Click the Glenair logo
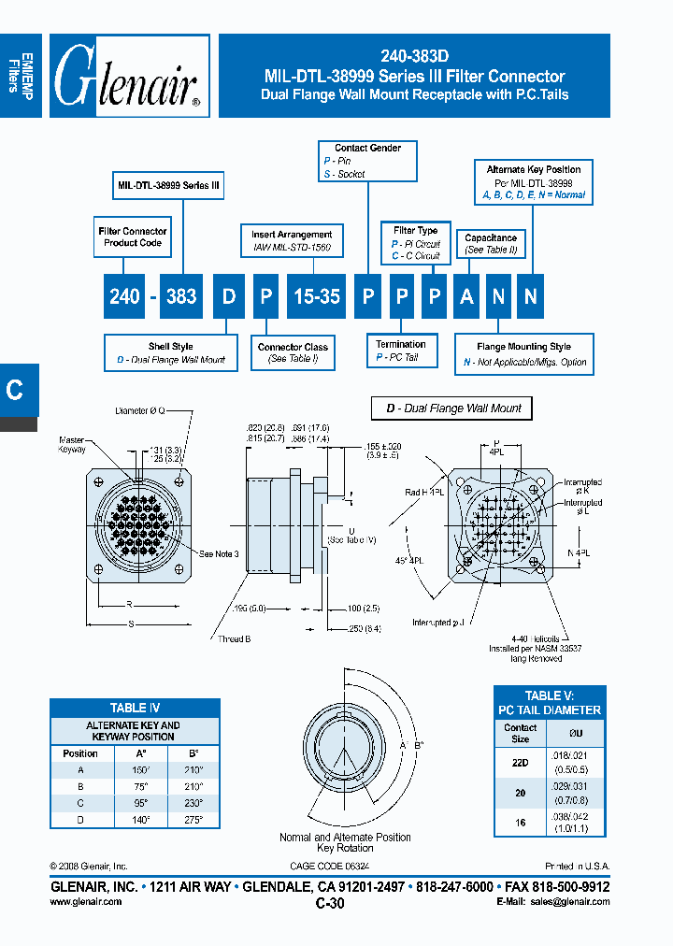tap(128, 77)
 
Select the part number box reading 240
tap(124, 296)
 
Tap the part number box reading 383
tap(181, 296)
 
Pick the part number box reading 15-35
tap(317, 296)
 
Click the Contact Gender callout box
tap(367, 161)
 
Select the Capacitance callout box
tap(491, 245)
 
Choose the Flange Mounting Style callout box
tap(523, 354)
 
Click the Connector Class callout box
tap(293, 352)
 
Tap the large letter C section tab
tap(16, 390)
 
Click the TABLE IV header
tap(134, 708)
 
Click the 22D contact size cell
tap(520, 762)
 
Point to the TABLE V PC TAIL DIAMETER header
tap(549, 703)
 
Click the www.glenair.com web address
tap(85, 902)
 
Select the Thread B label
tap(258, 640)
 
